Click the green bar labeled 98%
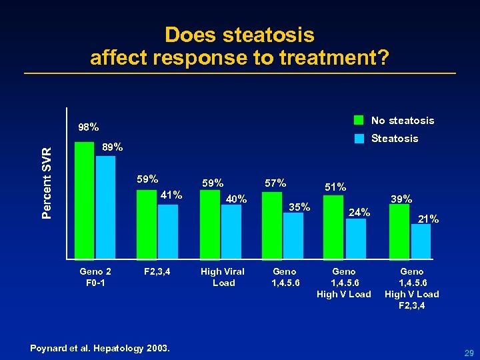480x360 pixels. pyautogui.click(x=84, y=200)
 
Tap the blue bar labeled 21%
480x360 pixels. pyautogui.click(x=421, y=241)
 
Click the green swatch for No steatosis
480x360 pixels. pyautogui.click(x=359, y=121)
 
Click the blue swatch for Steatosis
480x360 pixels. pyautogui.click(x=359, y=139)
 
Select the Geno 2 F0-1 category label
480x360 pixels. pyautogui.click(x=95, y=277)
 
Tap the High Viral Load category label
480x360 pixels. pyautogui.click(x=223, y=277)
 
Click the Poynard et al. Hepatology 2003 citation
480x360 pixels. pyautogui.click(x=101, y=348)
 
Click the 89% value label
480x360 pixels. pyautogui.click(x=112, y=148)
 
